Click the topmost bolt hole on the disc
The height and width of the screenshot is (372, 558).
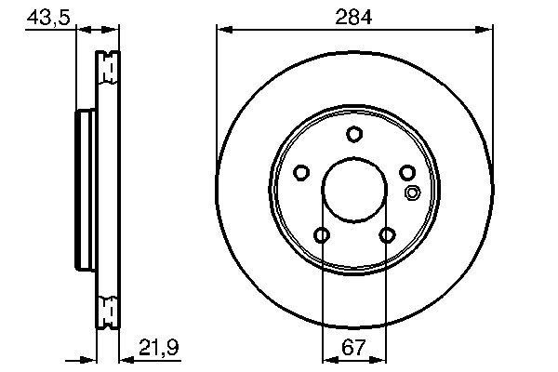(353, 134)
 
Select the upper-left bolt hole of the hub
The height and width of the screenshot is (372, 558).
(300, 172)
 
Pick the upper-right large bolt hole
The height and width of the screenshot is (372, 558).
(406, 172)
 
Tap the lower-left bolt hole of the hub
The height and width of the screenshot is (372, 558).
(321, 235)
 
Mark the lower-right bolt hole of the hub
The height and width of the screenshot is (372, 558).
(386, 235)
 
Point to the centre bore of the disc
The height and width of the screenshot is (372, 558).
(353, 191)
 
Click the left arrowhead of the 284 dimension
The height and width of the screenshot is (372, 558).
(221, 32)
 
